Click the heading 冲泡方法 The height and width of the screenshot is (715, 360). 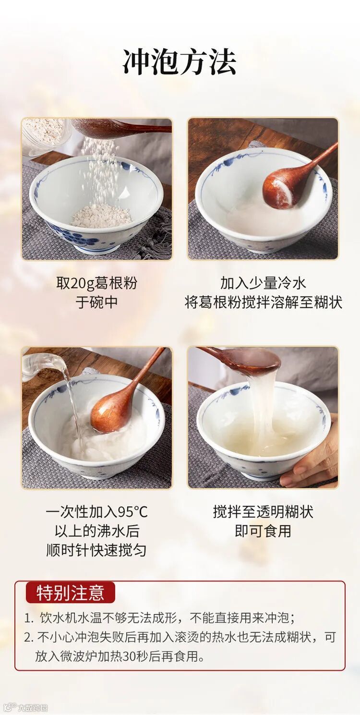[180, 62]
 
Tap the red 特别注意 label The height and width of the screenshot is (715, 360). [70, 593]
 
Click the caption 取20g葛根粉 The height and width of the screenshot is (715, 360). [96, 283]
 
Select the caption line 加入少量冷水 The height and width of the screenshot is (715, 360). [263, 283]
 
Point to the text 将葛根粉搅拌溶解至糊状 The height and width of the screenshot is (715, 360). [264, 303]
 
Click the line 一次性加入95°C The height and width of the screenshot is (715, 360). [96, 512]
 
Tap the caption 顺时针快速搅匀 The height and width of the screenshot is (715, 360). [96, 550]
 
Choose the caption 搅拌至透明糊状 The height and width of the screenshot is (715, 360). [263, 512]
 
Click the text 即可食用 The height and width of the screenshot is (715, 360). [263, 531]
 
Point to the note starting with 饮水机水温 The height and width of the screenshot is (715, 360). [159, 618]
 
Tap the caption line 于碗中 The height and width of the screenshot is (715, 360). [96, 303]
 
